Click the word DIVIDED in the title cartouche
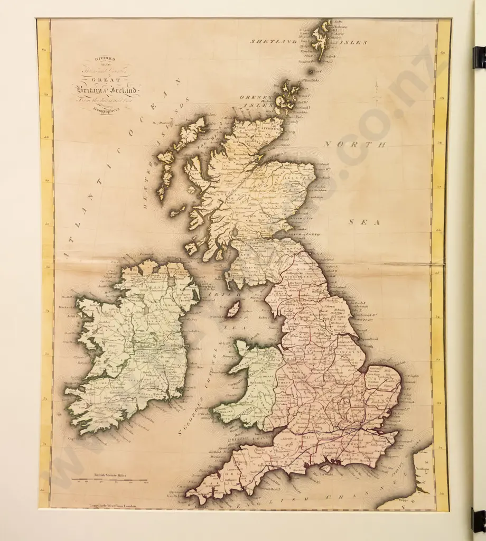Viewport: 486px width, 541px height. pyautogui.click(x=104, y=60)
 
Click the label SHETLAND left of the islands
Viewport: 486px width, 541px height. pyautogui.click(x=274, y=41)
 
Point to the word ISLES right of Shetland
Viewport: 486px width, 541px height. pyautogui.click(x=350, y=42)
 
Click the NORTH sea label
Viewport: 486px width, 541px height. pyautogui.click(x=355, y=144)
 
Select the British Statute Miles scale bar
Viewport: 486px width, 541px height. pyautogui.click(x=111, y=480)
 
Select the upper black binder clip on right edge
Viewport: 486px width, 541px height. pyautogui.click(x=479, y=57)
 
